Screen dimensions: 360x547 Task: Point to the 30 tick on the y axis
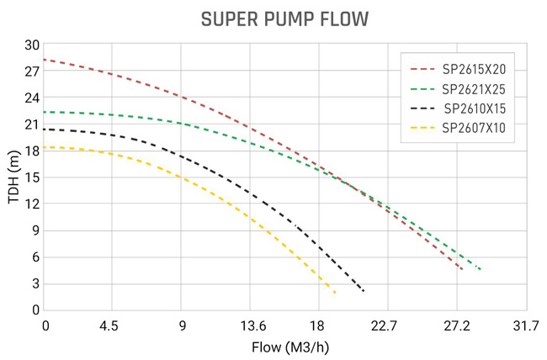point(32,45)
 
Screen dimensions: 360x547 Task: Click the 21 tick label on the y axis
point(32,124)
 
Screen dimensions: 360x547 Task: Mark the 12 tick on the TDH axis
point(32,204)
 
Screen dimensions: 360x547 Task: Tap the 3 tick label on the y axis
point(35,283)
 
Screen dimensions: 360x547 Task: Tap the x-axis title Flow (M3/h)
point(285,347)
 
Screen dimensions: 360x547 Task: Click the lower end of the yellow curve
point(336,293)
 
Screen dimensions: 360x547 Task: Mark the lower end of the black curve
point(364,291)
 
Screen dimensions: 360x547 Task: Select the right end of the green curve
point(480,269)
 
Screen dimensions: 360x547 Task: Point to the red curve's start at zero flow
point(44,60)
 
